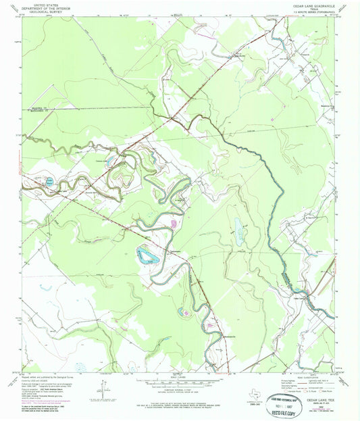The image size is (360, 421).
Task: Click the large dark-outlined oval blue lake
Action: tap(146, 255)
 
